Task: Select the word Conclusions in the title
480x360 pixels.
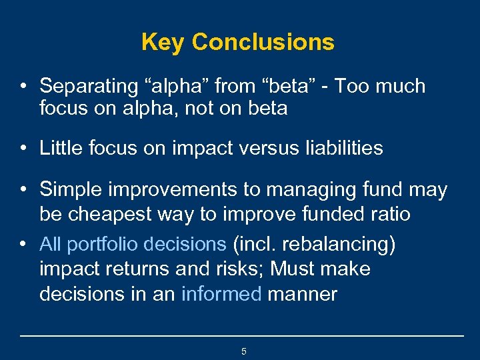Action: [263, 42]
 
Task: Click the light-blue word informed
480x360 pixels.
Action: [221, 294]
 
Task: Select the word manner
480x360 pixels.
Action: [302, 294]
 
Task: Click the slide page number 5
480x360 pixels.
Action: [243, 351]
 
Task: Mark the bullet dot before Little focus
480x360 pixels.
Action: [23, 148]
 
